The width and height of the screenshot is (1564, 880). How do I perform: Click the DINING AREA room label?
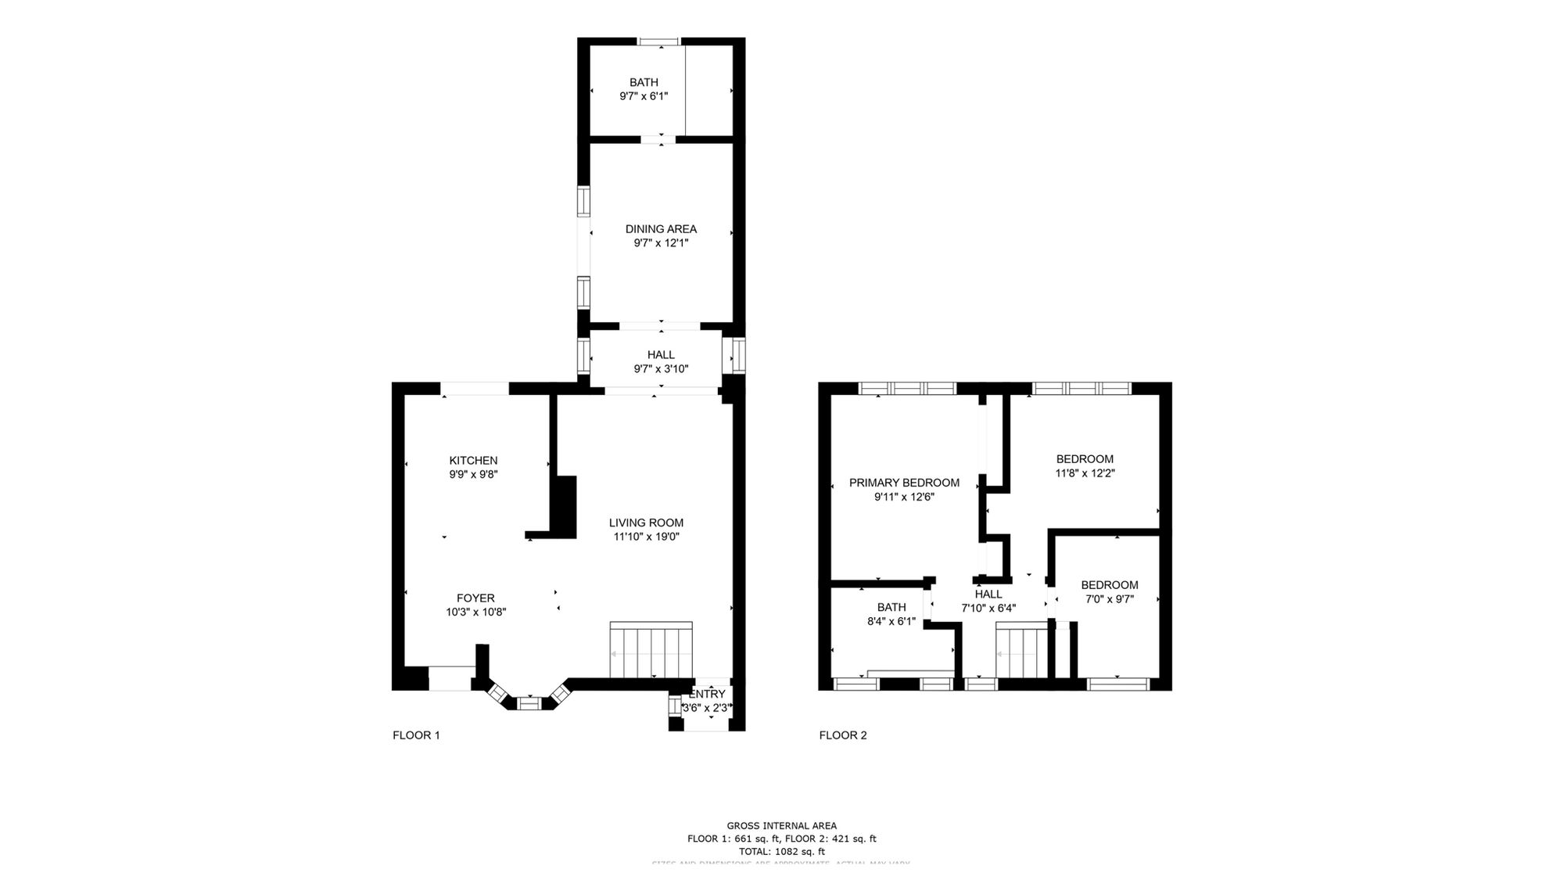pos(661,229)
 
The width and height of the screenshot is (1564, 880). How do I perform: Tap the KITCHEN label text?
pos(473,461)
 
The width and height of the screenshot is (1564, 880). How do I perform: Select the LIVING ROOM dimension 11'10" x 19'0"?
pos(646,537)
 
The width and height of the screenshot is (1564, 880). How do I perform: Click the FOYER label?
pos(475,598)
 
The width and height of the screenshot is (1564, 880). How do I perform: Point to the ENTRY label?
pos(708,694)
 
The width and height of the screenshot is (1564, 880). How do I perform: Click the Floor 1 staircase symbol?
pos(651,651)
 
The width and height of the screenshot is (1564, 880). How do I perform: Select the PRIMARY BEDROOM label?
pos(904,483)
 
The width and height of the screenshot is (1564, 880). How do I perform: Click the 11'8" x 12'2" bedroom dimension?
pos(1085,473)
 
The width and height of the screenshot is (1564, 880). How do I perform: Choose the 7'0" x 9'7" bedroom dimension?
pos(1109,599)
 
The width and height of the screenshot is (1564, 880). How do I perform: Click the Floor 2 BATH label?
pos(891,607)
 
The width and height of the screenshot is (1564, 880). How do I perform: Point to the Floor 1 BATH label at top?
pos(644,82)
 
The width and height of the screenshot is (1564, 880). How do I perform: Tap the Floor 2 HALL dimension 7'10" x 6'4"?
pos(988,608)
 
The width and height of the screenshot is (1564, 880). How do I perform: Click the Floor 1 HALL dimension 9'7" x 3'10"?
pos(661,369)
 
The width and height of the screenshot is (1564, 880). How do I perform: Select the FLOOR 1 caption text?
pos(416,735)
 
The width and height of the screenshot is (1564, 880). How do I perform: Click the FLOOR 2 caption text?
pos(843,735)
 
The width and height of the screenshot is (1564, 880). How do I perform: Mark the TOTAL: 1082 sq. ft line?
pos(781,851)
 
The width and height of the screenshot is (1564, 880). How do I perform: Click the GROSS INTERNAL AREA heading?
pos(781,825)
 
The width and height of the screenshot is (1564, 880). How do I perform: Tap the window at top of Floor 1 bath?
pos(659,41)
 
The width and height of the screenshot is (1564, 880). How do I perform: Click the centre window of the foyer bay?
pos(529,704)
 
